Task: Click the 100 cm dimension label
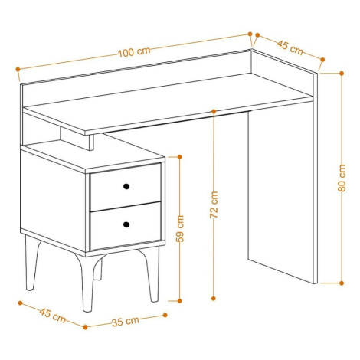[x=134, y=52]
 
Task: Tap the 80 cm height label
[x=342, y=178]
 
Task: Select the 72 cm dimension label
[x=214, y=205]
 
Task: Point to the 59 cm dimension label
[x=180, y=229]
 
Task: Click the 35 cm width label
[x=126, y=322]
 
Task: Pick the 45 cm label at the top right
[x=290, y=47]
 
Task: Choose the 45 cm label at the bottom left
[x=53, y=316]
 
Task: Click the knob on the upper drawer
[x=126, y=186]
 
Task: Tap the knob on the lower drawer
[x=126, y=224]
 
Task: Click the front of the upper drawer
[x=126, y=187]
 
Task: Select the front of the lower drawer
[x=126, y=225]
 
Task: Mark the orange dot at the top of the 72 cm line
[x=214, y=111]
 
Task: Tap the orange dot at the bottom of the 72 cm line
[x=214, y=298]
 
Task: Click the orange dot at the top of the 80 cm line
[x=342, y=74]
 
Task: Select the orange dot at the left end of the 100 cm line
[x=18, y=69]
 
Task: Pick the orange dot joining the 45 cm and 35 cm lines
[x=85, y=327]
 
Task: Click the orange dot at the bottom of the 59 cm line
[x=179, y=301]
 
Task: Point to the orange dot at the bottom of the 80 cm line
[x=342, y=283]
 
